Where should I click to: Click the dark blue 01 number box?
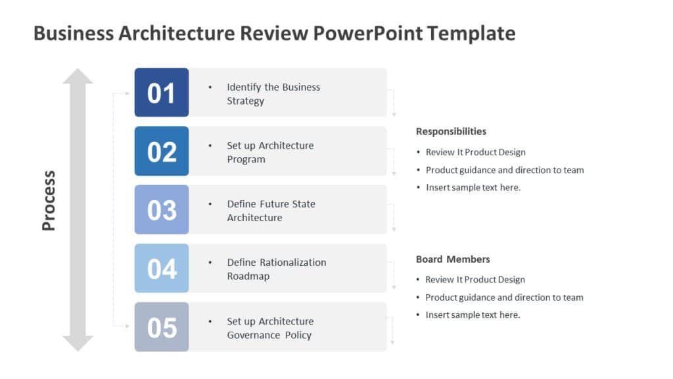pyautogui.click(x=161, y=93)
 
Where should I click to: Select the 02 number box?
pyautogui.click(x=161, y=151)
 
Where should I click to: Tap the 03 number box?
pyautogui.click(x=161, y=210)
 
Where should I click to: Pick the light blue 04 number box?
pyautogui.click(x=161, y=268)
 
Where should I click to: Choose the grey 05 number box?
pyautogui.click(x=161, y=327)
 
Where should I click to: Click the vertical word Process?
pyautogui.click(x=49, y=201)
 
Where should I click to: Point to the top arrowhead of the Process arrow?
pyautogui.click(x=78, y=76)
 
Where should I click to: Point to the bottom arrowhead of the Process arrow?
pyautogui.click(x=78, y=343)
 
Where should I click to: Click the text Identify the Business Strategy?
pyautogui.click(x=273, y=93)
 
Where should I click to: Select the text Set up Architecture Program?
pyautogui.click(x=269, y=152)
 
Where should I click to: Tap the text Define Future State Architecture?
pyautogui.click(x=270, y=211)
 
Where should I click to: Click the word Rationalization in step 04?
pyautogui.click(x=293, y=262)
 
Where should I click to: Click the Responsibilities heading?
pyautogui.click(x=451, y=131)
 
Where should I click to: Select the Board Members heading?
pyautogui.click(x=453, y=259)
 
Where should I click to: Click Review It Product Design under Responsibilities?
pyautogui.click(x=475, y=152)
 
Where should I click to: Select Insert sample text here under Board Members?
pyautogui.click(x=473, y=315)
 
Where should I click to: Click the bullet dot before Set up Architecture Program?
pyautogui.click(x=210, y=145)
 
